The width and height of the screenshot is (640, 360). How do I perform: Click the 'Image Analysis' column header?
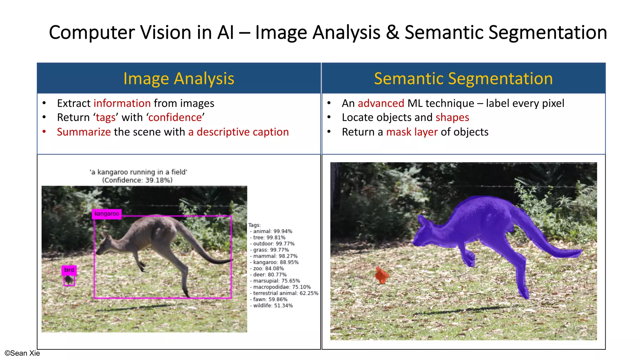pos(179,78)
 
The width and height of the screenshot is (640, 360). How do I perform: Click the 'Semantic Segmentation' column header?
pos(463,78)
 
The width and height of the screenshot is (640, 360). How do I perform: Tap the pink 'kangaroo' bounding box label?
pos(107,214)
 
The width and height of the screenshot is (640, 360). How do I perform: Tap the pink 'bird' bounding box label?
pos(69,270)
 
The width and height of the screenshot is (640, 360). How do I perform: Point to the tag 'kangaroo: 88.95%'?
pos(276,262)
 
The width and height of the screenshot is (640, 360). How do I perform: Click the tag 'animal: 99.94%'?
pos(272,231)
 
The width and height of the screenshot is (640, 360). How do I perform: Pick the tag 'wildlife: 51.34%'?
pos(273,306)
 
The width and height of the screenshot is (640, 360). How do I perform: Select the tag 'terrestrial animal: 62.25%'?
pos(285,293)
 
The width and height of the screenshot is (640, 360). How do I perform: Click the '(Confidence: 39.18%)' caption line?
pos(137,180)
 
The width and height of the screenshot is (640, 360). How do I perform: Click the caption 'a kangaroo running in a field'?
pos(138,172)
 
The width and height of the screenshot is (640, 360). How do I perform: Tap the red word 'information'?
pos(122,103)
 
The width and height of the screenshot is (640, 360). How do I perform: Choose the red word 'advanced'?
pos(381,103)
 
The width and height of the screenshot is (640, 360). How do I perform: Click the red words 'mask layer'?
pos(412,132)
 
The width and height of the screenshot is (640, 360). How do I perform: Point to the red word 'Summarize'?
pos(84,132)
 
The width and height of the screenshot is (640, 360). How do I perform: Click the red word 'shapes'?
pos(452,117)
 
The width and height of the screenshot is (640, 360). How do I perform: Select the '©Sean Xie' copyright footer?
pos(22,353)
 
